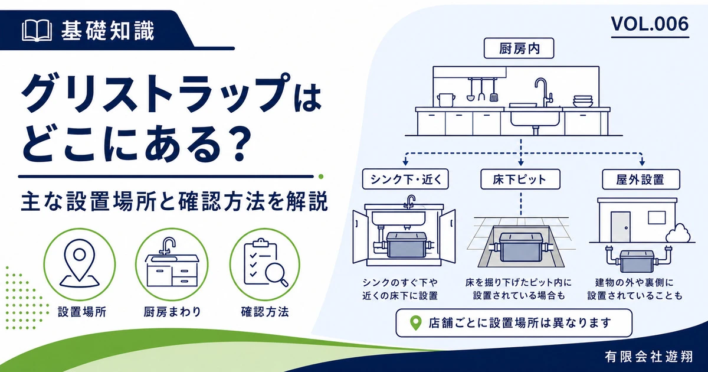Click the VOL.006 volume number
(650, 24)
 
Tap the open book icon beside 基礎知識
(37, 31)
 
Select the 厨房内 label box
(519, 48)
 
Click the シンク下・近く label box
(405, 179)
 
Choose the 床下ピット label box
(520, 179)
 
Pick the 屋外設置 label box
(641, 180)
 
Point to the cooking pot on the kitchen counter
(445, 100)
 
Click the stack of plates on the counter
(583, 101)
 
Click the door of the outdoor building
(620, 227)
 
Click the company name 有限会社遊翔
(648, 357)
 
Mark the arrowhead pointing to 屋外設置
(642, 163)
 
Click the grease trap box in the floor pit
(520, 247)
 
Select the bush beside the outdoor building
(678, 233)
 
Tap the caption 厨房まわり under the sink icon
(172, 312)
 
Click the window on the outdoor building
(657, 217)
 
